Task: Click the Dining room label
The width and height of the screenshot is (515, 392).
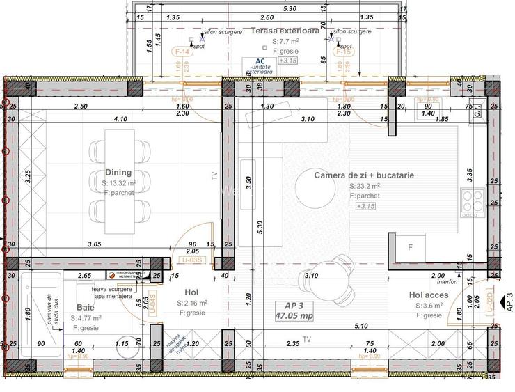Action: coord(118,173)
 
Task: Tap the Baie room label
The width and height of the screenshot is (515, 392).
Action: coord(86,307)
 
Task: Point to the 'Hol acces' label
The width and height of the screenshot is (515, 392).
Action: coord(431,295)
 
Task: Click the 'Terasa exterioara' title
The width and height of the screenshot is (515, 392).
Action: coord(285,32)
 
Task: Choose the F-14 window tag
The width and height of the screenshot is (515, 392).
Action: coord(183,52)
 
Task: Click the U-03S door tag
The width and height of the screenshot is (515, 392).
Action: coord(194,260)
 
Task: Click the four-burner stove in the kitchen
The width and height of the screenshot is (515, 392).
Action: coord(473,201)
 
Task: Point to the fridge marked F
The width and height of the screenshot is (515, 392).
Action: coord(411,248)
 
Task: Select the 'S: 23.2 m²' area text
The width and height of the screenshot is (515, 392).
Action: coord(365,187)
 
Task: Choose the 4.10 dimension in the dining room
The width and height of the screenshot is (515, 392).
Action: coord(122,119)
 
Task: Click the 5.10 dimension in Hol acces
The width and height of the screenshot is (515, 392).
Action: coord(360,325)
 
